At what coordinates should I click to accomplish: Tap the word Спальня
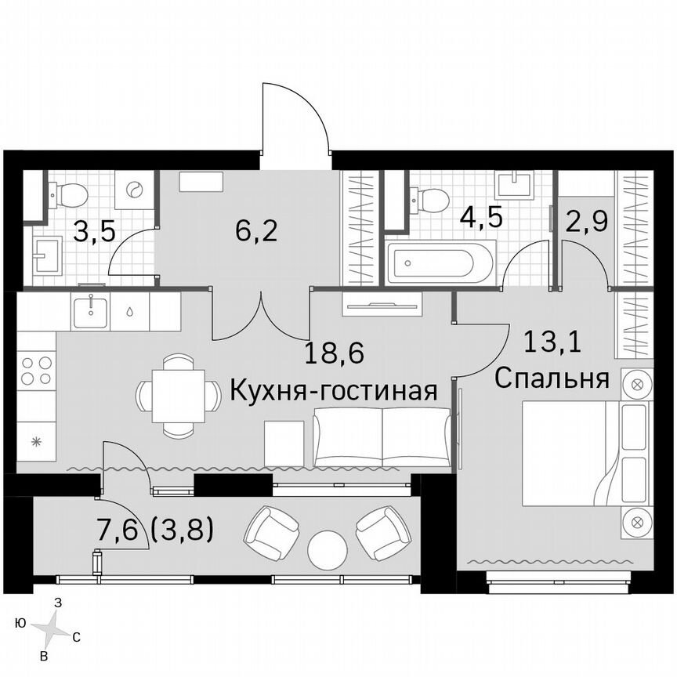tap(552, 378)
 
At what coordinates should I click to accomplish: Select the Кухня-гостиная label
tap(333, 389)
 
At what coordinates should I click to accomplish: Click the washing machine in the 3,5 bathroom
tap(133, 190)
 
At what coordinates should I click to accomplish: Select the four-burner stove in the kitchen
tap(36, 371)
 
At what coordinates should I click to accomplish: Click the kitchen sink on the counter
tap(92, 311)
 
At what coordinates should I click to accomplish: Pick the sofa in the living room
tap(382, 436)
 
